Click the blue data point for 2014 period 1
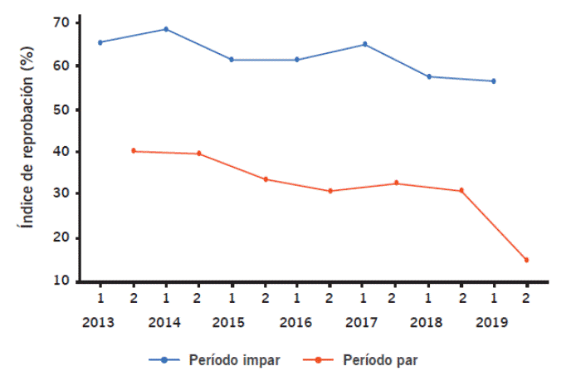pos(166,29)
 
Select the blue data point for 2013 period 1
pos(100,42)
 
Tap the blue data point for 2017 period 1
pos(364,44)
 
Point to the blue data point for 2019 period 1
pos(494,81)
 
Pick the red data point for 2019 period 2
pos(526,260)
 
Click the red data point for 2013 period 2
pos(133,151)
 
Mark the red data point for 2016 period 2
pos(330,191)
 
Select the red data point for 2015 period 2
pos(266,179)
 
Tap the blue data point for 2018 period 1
pos(429,76)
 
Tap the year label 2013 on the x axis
pos(100,320)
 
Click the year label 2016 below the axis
pos(297,320)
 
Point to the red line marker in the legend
pos(321,360)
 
